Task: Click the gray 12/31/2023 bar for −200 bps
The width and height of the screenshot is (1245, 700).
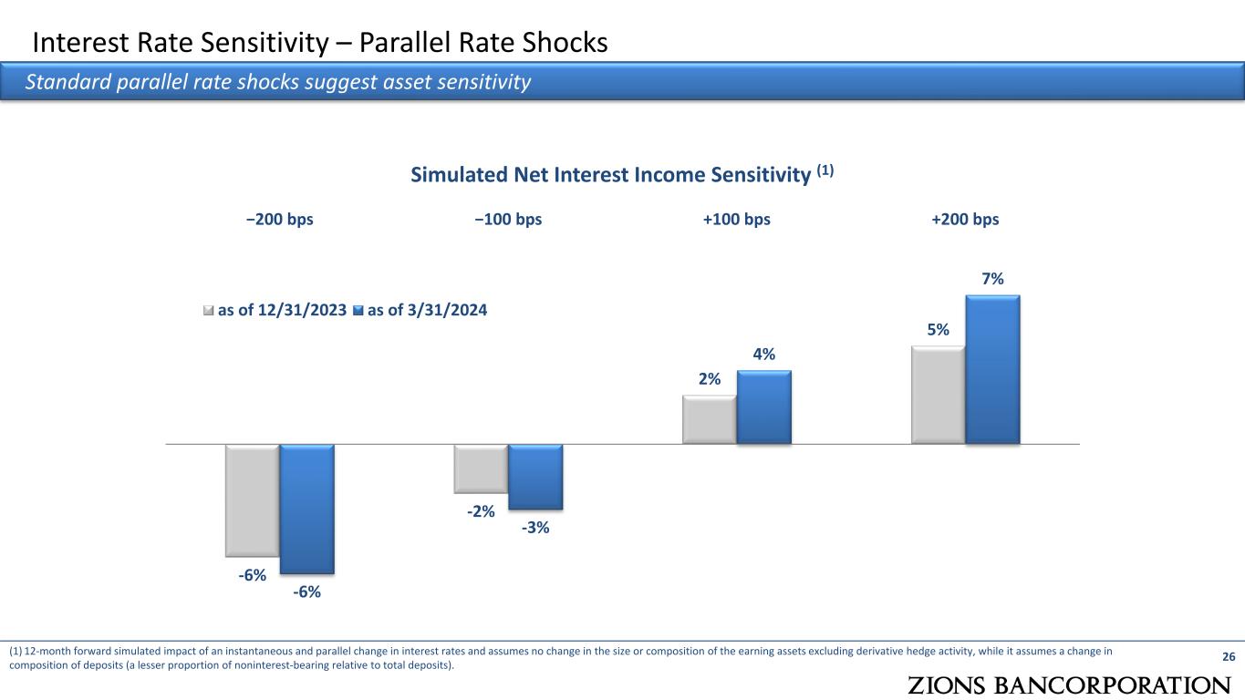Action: (253, 499)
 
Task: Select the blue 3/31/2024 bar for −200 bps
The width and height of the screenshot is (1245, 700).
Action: (307, 509)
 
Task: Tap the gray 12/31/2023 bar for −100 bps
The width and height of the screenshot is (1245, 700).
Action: (481, 468)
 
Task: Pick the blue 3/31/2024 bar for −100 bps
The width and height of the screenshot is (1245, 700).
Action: (535, 477)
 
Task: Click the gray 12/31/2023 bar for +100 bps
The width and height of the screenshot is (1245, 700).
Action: (710, 419)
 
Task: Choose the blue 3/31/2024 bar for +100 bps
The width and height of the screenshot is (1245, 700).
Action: (764, 407)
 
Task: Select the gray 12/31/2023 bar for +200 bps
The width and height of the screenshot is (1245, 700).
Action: (939, 395)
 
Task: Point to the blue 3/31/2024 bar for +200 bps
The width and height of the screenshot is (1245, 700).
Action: (993, 369)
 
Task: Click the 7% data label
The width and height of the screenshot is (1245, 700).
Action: (993, 279)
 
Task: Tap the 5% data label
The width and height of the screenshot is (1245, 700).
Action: (939, 330)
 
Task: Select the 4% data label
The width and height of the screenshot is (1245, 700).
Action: (764, 355)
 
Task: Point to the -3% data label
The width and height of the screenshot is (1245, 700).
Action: (535, 527)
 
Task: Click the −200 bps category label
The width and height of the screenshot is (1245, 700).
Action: (279, 220)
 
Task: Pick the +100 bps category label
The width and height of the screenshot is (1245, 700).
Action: (737, 220)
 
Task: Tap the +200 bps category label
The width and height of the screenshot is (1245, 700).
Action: (965, 220)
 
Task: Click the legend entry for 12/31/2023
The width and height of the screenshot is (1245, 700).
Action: (275, 311)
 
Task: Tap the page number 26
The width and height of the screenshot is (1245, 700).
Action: (1228, 657)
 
